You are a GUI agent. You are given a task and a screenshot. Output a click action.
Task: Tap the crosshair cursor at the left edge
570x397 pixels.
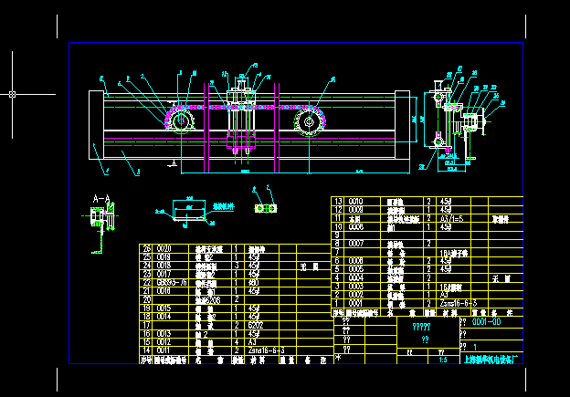[12, 93]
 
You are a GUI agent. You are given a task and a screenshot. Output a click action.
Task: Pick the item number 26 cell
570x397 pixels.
[145, 248]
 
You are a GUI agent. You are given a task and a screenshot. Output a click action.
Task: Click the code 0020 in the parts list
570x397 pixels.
[165, 248]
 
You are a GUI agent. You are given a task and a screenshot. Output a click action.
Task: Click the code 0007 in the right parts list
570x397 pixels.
[358, 244]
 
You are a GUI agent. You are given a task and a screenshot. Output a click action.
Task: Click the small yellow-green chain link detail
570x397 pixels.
[267, 208]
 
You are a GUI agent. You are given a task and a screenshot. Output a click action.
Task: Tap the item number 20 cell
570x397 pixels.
[145, 299]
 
